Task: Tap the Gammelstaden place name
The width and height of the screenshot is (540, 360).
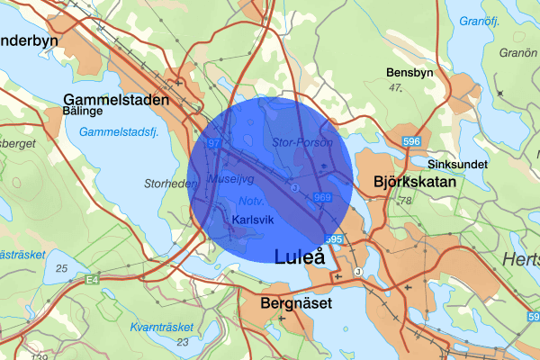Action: click(117, 100)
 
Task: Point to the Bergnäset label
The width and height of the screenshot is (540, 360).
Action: click(295, 304)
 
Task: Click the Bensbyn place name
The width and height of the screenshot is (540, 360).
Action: click(410, 72)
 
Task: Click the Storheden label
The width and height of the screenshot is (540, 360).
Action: click(170, 184)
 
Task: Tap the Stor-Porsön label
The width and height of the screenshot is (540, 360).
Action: click(296, 142)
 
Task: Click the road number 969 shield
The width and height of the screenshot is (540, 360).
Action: click(324, 197)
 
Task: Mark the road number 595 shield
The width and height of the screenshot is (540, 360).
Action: click(334, 238)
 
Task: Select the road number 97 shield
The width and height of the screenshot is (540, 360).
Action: click(213, 143)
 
